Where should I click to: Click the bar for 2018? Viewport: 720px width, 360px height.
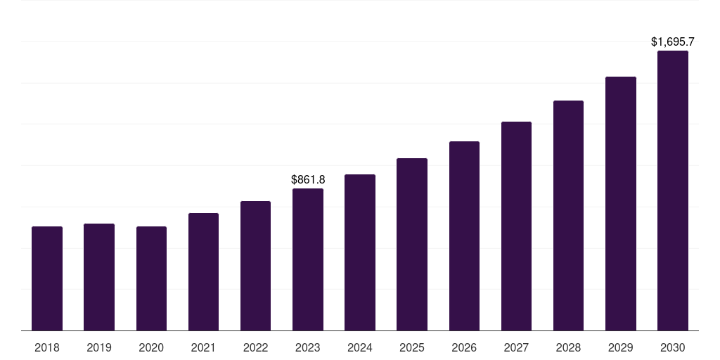[47, 278]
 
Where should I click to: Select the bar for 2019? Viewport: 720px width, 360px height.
[99, 277]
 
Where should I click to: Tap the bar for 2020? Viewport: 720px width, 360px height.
[151, 278]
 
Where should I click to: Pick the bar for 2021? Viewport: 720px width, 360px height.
[203, 271]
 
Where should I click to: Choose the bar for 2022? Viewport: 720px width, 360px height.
[255, 266]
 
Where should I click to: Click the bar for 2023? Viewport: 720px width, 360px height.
[308, 259]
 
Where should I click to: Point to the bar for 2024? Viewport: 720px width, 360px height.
[360, 252]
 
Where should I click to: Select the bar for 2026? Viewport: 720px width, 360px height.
[464, 236]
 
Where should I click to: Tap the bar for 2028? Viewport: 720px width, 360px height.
[568, 215]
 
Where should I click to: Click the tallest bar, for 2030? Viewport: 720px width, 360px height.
[672, 191]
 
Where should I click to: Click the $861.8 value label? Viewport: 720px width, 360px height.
[308, 180]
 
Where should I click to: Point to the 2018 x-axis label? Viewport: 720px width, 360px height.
[47, 347]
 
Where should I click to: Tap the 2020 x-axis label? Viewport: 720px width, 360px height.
[151, 347]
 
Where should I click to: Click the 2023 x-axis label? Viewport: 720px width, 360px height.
[308, 347]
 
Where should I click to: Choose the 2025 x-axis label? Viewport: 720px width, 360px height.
[412, 347]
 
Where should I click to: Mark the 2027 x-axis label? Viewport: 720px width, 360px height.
[516, 347]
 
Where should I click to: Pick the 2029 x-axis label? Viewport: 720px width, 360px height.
[620, 347]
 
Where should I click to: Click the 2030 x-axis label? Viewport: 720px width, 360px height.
[672, 347]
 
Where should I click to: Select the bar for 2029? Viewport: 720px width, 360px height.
[620, 203]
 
